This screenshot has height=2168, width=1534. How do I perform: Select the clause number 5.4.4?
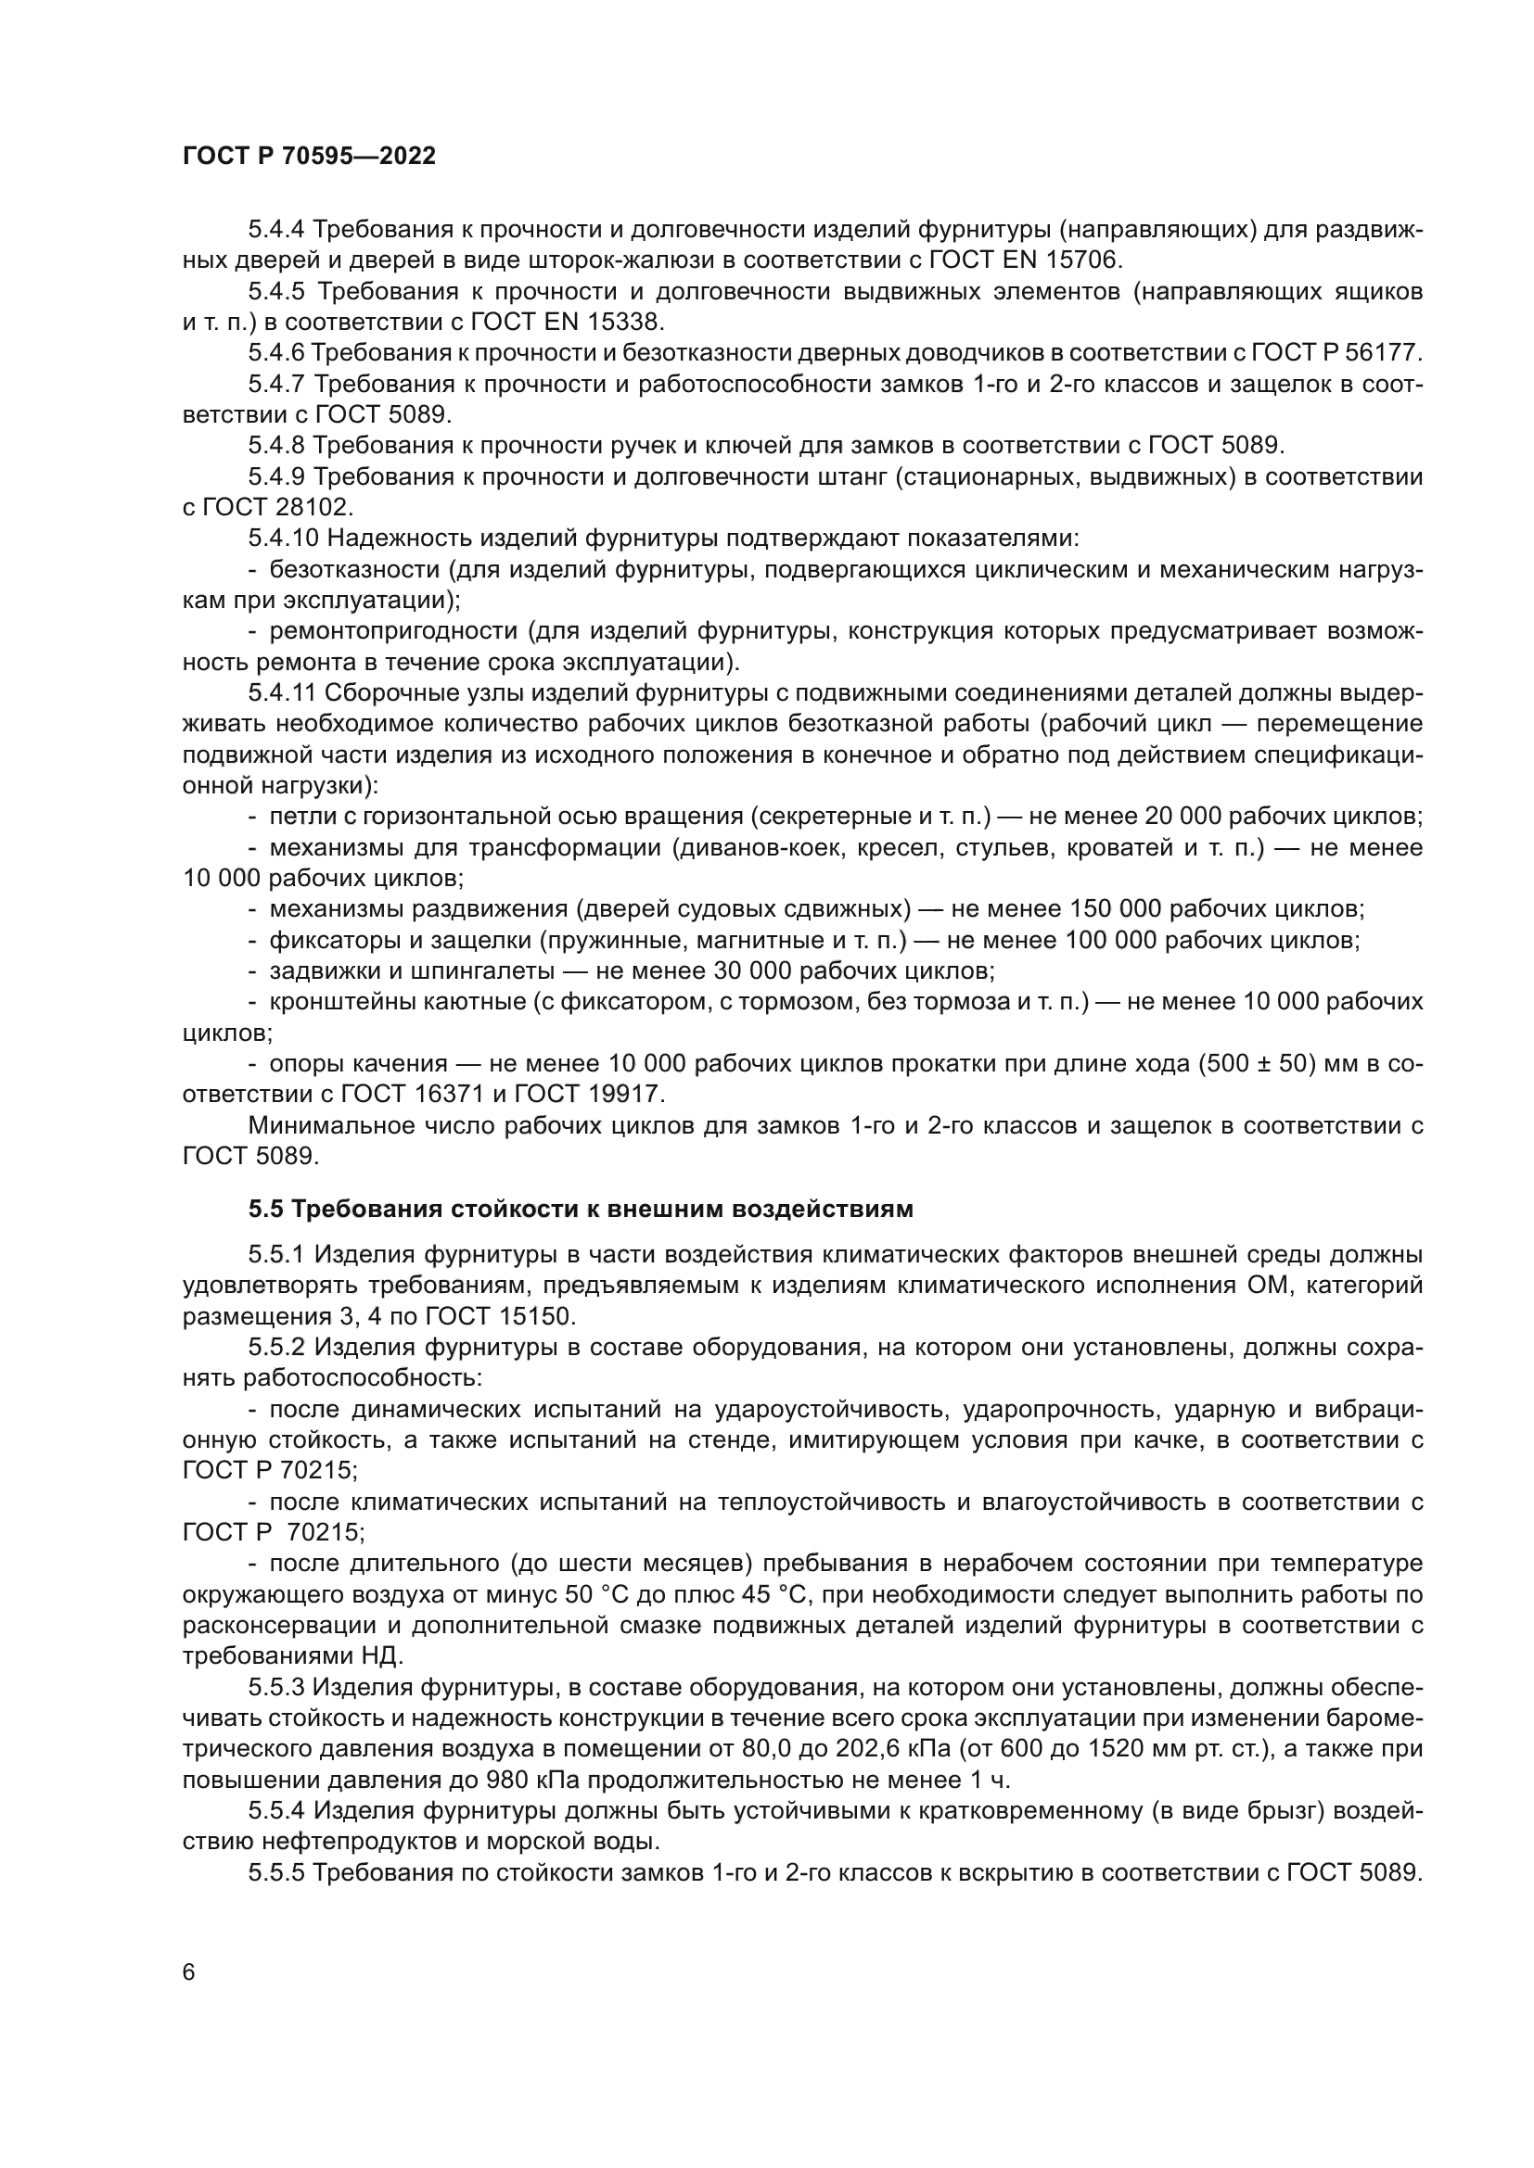(276, 230)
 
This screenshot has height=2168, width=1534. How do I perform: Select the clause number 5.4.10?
(285, 539)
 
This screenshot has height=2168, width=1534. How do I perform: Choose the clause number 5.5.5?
(276, 1872)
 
